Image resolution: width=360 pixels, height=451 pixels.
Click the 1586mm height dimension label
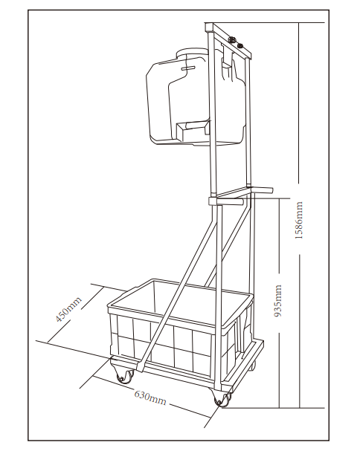(x=300, y=221)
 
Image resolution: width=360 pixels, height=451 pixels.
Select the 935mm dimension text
(x=277, y=301)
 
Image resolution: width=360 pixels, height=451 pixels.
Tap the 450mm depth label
(x=68, y=309)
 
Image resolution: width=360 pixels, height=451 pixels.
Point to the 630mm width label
(x=150, y=398)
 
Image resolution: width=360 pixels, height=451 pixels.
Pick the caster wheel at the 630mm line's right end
(x=221, y=398)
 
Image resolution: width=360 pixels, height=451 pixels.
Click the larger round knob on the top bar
(x=231, y=39)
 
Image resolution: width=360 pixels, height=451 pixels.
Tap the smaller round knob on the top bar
(x=240, y=45)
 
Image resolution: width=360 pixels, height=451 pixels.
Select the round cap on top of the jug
(x=190, y=53)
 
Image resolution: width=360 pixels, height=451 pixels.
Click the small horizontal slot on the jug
(x=188, y=68)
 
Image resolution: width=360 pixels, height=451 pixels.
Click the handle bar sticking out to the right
(x=262, y=190)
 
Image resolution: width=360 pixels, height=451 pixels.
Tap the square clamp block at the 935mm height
(x=213, y=201)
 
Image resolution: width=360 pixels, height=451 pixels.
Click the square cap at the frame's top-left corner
(x=208, y=27)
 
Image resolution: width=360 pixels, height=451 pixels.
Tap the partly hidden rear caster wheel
(x=252, y=366)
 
